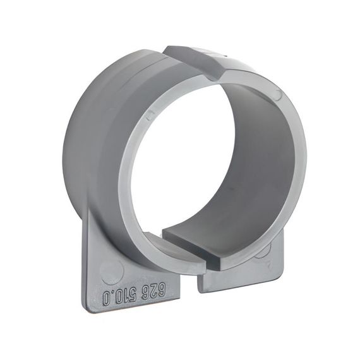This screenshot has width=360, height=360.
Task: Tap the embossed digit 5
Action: pyautogui.click(x=133, y=296)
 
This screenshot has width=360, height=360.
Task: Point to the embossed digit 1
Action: pyautogui.click(x=125, y=296)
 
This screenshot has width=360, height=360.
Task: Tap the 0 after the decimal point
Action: pyautogui.click(x=105, y=297)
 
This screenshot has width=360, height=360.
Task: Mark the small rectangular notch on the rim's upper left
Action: pyautogui.click(x=150, y=113)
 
